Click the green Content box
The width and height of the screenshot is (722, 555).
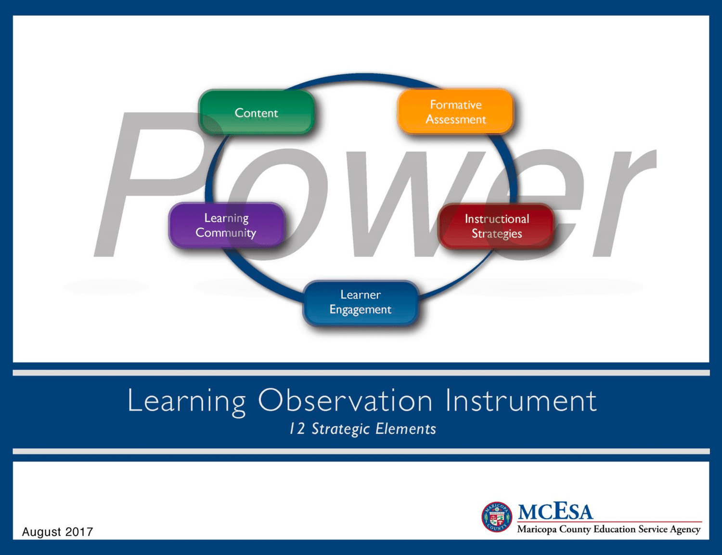click(x=256, y=113)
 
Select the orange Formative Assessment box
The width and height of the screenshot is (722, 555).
click(x=455, y=111)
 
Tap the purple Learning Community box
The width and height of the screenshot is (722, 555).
click(x=226, y=225)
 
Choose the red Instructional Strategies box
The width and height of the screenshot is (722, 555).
click(x=496, y=226)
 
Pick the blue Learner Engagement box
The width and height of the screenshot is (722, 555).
click(x=360, y=302)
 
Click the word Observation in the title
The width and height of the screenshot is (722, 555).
click(x=345, y=400)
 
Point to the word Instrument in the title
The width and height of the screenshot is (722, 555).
click(x=521, y=400)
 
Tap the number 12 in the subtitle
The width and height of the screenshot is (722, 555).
click(x=297, y=428)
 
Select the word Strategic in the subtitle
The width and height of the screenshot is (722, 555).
click(x=340, y=429)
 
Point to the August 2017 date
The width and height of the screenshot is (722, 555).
click(x=57, y=531)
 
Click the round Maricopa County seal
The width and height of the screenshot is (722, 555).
click(x=497, y=517)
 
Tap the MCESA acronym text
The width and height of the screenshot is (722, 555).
click(x=555, y=511)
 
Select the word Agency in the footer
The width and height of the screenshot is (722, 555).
click(x=685, y=529)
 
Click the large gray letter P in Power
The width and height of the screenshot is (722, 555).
click(x=144, y=183)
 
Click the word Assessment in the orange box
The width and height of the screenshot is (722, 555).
click(x=455, y=119)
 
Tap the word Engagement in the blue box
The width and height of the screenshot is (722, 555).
click(x=360, y=310)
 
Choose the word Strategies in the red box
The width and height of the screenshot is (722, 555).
click(x=496, y=234)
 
